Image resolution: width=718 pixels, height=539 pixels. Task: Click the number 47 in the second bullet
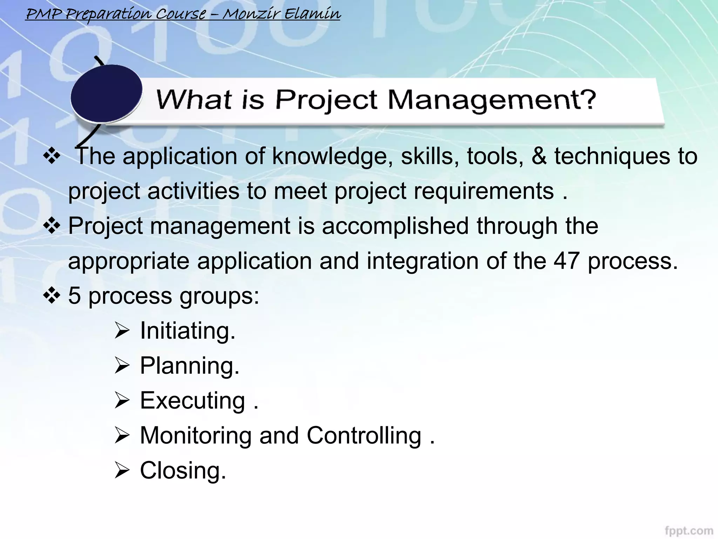pyautogui.click(x=566, y=261)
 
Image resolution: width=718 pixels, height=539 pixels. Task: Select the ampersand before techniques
pyautogui.click(x=539, y=156)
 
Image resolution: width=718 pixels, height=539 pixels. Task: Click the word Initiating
pyautogui.click(x=187, y=331)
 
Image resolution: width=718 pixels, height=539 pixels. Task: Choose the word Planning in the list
pyautogui.click(x=189, y=366)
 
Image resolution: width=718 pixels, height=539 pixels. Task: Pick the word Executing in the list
pyautogui.click(x=192, y=400)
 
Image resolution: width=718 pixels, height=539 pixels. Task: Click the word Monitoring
pyautogui.click(x=196, y=435)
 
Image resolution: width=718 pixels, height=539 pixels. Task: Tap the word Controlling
pyautogui.click(x=364, y=435)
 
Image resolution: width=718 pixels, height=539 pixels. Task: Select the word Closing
pyautogui.click(x=183, y=470)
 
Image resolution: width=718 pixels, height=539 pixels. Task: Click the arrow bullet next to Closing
pyautogui.click(x=122, y=471)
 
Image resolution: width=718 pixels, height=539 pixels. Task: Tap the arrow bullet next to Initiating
pyautogui.click(x=122, y=331)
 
